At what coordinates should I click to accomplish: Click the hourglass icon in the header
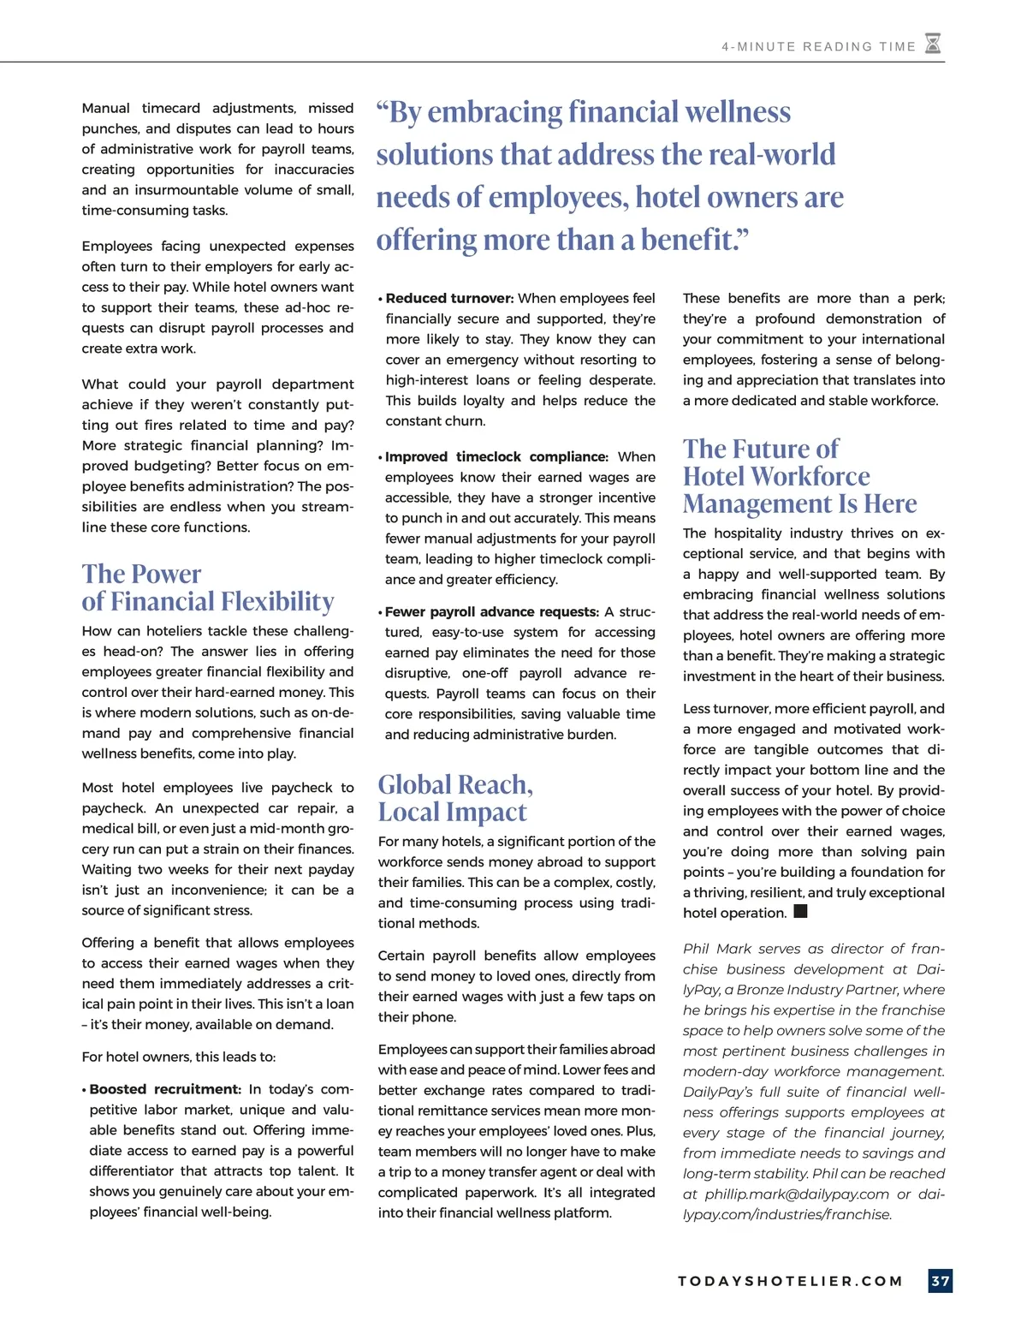pos(933,44)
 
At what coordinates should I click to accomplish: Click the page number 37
pos(941,1281)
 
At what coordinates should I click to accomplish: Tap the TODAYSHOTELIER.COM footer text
pos(790,1281)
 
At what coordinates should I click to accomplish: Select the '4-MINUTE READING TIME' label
pos(818,47)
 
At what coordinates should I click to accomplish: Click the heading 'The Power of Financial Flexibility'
pos(207,587)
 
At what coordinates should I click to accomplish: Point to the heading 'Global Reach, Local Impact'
pos(455,798)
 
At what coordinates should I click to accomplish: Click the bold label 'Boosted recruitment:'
pos(165,1089)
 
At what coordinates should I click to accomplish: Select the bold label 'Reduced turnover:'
pos(449,298)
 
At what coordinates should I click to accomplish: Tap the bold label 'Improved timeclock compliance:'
pos(496,456)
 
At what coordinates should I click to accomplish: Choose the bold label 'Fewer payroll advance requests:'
pos(492,611)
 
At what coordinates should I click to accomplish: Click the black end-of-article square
pos(801,911)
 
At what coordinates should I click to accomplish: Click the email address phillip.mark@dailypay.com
pos(798,1194)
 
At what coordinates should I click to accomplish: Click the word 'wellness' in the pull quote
pos(736,112)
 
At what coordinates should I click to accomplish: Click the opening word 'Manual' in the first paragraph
pos(105,108)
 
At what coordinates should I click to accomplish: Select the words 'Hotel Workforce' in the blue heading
pos(776,476)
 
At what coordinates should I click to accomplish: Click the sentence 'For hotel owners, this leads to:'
pos(178,1057)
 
